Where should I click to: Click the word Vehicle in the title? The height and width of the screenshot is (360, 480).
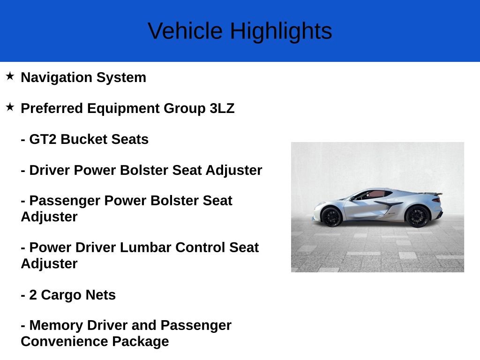[x=185, y=31]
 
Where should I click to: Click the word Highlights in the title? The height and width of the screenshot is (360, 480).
[x=281, y=31]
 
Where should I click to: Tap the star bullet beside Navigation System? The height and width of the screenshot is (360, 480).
[x=10, y=76]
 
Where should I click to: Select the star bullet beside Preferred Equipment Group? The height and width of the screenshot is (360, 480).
[x=10, y=107]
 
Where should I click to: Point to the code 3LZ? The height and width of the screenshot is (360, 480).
[x=222, y=108]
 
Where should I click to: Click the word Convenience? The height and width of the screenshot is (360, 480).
[x=64, y=341]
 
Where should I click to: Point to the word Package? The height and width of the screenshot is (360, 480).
[x=140, y=341]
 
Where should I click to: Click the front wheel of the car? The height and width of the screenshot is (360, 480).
[x=331, y=217]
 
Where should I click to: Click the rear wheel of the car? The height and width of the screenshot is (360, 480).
[x=417, y=216]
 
